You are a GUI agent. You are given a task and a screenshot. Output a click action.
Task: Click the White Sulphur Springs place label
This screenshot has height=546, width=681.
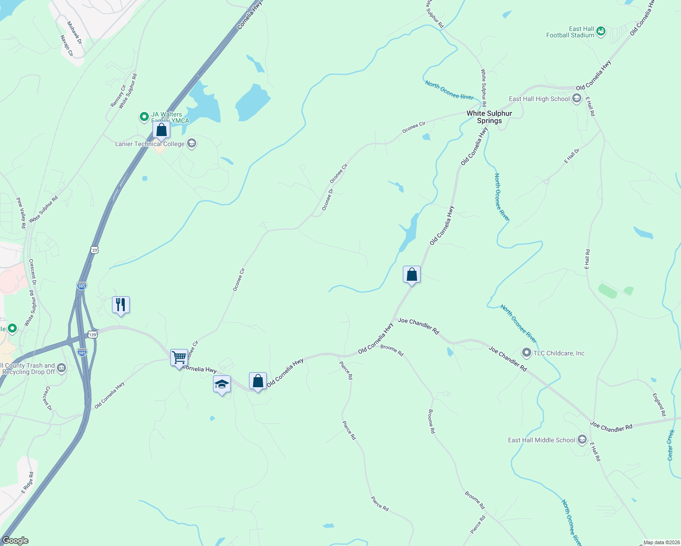pos(489,117)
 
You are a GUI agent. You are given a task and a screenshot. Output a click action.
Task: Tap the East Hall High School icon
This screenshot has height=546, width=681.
pos(577,99)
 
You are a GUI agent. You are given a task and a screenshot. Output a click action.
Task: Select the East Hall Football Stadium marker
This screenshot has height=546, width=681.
pos(601,31)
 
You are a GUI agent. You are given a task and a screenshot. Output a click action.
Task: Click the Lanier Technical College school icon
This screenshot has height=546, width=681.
pos(192,144)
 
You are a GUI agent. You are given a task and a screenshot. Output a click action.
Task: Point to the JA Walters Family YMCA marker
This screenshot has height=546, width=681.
pos(144,117)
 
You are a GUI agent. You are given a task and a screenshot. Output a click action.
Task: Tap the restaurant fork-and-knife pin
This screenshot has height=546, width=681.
pos(121,304)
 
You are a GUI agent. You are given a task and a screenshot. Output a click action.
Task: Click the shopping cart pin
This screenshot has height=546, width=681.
pos(179,357)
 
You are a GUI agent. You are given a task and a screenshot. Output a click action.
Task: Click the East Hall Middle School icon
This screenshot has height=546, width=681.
pos(582,440)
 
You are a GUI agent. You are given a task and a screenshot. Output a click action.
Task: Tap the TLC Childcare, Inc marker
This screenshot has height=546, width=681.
pos(527,353)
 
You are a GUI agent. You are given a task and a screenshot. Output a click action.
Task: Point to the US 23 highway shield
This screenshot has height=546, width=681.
pos(94,250)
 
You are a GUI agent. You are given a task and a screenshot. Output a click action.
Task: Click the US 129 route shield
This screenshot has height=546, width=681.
pos(93,334)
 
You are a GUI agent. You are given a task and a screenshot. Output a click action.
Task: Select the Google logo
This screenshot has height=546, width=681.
pos(15,541)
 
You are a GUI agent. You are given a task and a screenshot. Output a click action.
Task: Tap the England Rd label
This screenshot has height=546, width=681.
pos(659,405)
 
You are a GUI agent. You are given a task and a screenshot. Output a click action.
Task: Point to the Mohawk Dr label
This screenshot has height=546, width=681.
pos(75,33)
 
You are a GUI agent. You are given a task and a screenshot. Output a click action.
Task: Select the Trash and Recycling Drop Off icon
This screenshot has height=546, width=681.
pos(62,368)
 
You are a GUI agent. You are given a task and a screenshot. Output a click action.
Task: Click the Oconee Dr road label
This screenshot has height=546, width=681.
pos(328,200)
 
